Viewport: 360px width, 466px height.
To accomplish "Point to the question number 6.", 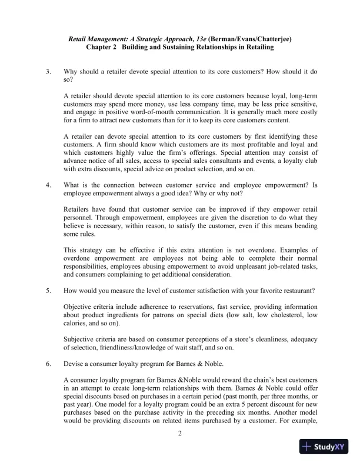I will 49,364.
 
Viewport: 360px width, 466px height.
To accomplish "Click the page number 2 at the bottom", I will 180,434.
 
